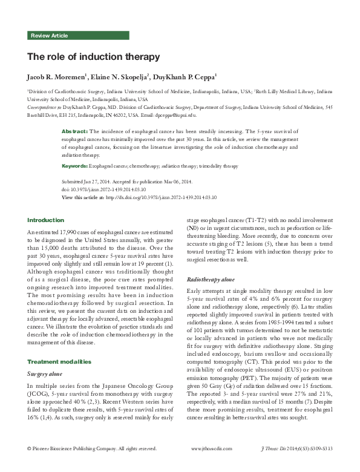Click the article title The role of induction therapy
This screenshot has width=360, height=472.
[93, 57]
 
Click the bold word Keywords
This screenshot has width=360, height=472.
[75, 165]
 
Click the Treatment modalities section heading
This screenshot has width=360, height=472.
[59, 361]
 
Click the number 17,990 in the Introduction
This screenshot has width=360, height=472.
[65, 232]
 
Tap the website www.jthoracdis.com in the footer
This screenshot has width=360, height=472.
[211, 465]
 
